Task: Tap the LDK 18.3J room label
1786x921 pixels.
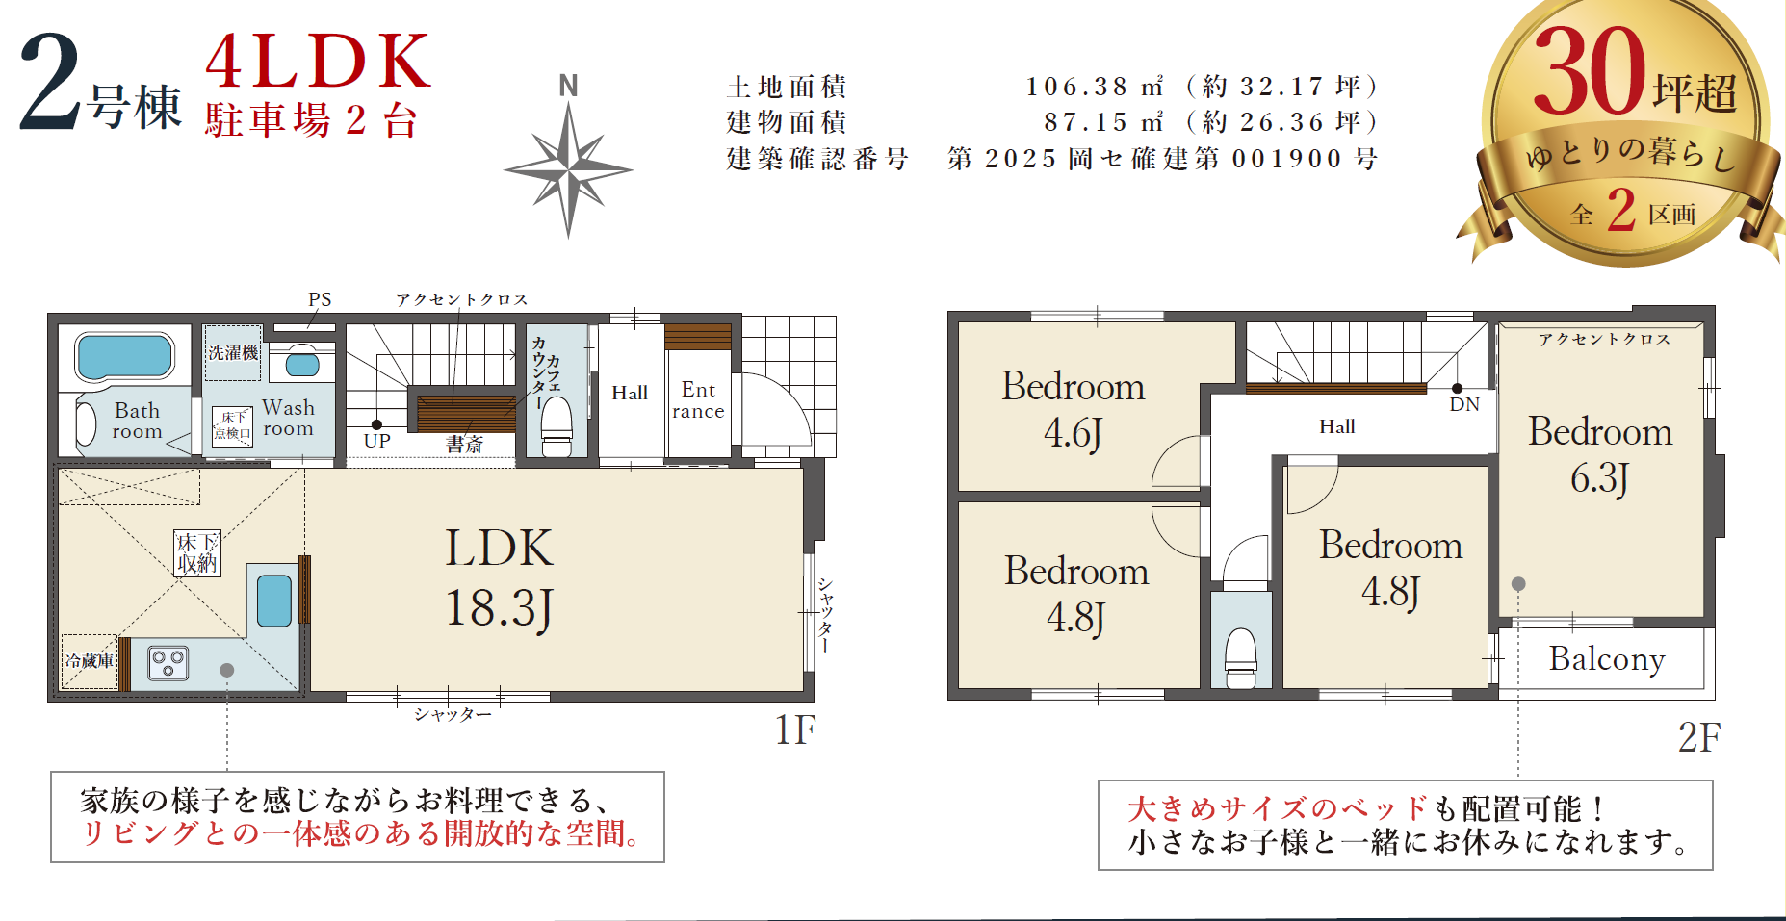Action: [x=499, y=578]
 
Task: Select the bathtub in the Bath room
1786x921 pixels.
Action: [x=124, y=356]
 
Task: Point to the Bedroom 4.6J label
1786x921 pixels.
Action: [x=1074, y=409]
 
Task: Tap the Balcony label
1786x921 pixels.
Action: [x=1607, y=659]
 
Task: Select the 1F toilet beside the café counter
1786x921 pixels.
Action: [x=557, y=426]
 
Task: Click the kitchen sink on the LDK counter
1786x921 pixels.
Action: [x=274, y=601]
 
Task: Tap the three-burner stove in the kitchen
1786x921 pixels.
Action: [x=168, y=663]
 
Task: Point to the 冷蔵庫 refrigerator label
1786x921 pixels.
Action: [x=90, y=661]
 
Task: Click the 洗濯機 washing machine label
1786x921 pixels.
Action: [x=234, y=353]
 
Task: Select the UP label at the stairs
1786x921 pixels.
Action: [x=377, y=441]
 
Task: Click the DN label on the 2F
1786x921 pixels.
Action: [x=1464, y=404]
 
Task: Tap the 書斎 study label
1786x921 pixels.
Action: [x=464, y=445]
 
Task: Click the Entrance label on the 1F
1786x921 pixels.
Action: [x=698, y=400]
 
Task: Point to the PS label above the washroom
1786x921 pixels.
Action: [x=320, y=299]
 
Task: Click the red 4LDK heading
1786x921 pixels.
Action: [x=319, y=61]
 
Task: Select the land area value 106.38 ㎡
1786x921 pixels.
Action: [x=1095, y=87]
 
